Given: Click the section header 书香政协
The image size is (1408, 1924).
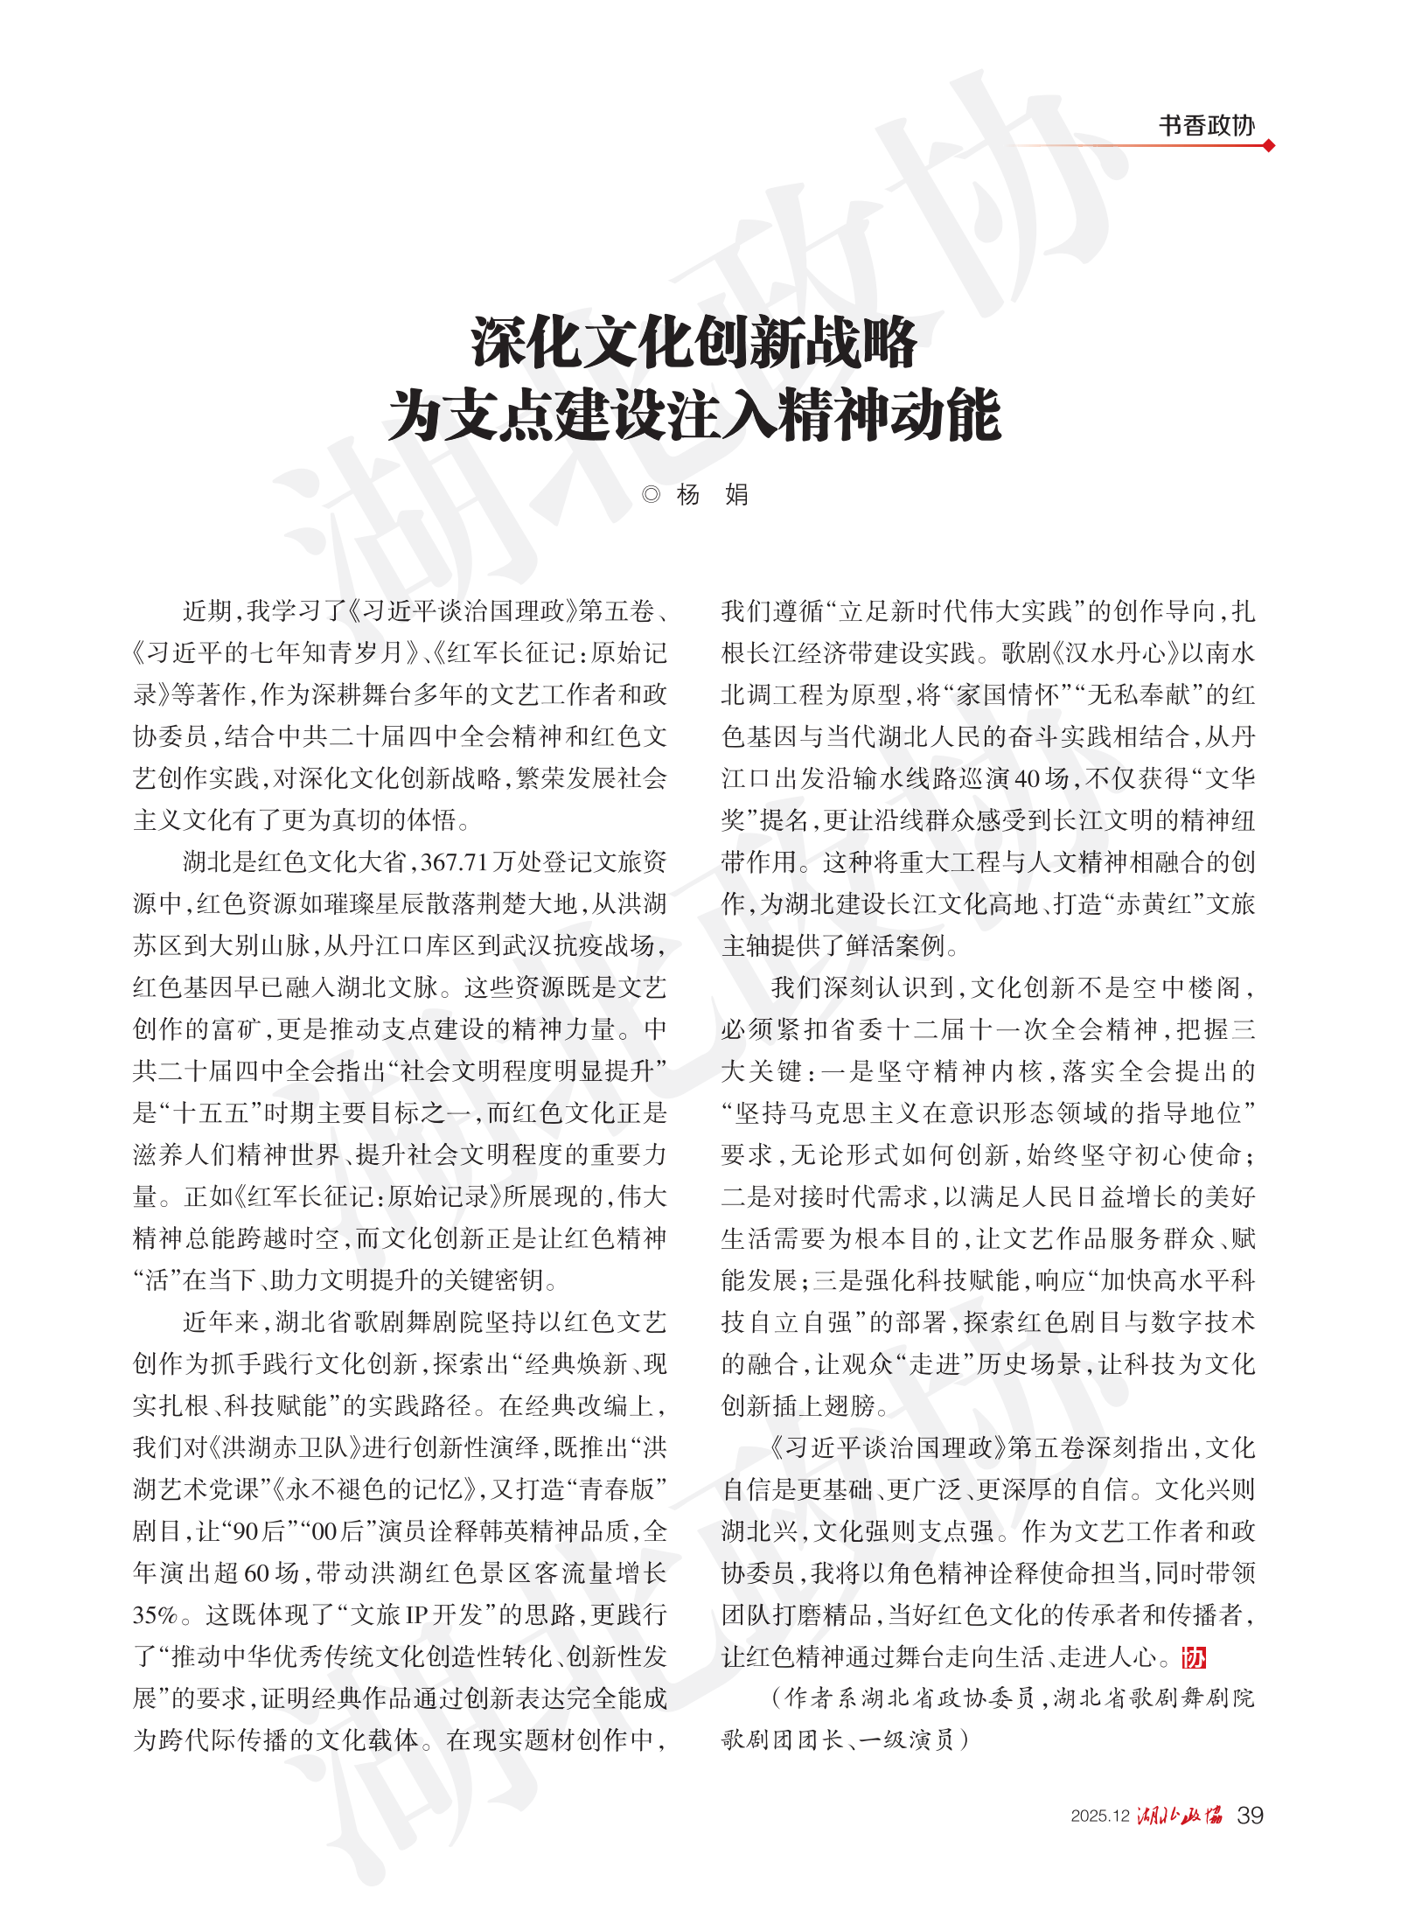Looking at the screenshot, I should point(1206,126).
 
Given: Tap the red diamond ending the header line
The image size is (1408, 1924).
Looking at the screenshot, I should point(1269,145).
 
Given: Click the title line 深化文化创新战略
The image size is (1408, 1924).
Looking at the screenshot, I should point(694,343).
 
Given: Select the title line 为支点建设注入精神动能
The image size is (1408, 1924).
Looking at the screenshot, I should point(694,415).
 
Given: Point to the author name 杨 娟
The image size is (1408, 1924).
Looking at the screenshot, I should point(712,495).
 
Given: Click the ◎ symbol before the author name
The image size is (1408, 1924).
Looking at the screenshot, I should point(650,495).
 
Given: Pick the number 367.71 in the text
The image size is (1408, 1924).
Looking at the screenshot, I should point(453,862).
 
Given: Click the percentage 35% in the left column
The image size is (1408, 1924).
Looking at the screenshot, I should point(156,1615).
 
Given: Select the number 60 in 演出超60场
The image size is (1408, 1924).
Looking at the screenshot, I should point(256,1573).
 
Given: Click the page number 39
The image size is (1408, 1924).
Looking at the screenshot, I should point(1250,1816).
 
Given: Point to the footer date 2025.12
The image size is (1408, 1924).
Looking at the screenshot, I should point(1100,1816).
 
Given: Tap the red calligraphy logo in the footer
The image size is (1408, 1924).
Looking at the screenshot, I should point(1180,1816).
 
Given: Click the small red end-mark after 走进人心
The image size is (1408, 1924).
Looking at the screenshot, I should point(1194,1657).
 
